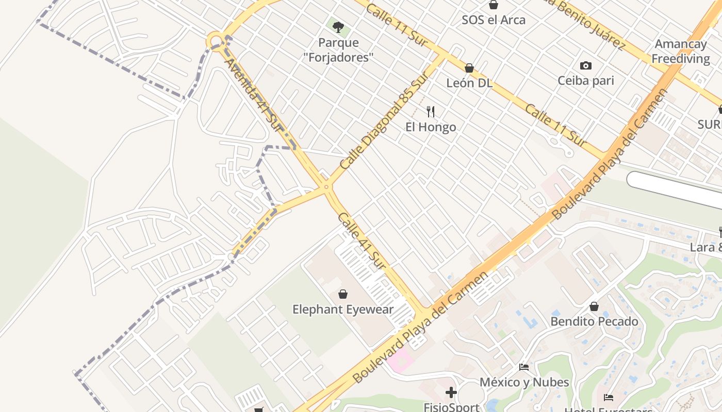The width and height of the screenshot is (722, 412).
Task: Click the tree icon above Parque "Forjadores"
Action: click(x=338, y=27)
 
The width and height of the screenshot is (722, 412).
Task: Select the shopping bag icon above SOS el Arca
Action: click(x=494, y=5)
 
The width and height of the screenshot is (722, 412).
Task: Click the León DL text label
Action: click(x=469, y=83)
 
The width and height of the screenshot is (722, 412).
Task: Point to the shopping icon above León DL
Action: click(x=469, y=68)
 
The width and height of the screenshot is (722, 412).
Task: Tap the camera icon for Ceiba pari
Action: click(x=585, y=65)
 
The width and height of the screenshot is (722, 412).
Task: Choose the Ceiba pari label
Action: click(x=586, y=81)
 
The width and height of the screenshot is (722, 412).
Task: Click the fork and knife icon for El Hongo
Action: click(x=431, y=111)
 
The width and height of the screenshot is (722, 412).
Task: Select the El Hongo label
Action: click(x=431, y=127)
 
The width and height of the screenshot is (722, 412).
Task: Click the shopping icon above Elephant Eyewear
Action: click(x=342, y=294)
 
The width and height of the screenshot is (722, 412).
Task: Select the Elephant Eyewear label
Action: click(x=343, y=310)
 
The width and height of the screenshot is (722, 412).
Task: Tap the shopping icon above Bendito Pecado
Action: click(x=594, y=306)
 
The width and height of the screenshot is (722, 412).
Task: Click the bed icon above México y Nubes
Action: click(x=524, y=367)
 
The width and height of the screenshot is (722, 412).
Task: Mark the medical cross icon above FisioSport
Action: click(x=451, y=393)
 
